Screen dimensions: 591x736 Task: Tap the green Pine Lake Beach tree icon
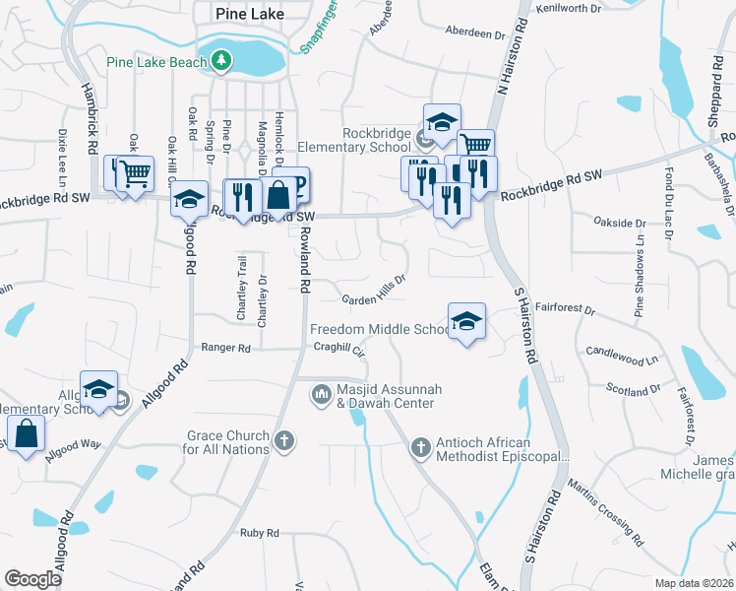pos(223,62)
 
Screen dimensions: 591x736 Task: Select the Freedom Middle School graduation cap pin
pos(467,321)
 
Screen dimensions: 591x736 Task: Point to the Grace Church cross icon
pos(284,440)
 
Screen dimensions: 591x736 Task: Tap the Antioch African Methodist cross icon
pos(420,448)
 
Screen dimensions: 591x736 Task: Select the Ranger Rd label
pos(225,348)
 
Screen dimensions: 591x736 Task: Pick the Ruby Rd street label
pos(259,533)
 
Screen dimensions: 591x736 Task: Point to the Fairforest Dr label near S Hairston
pos(568,308)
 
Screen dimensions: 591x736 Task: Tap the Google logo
pos(32,578)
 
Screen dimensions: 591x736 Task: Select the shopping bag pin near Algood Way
pos(26,434)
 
